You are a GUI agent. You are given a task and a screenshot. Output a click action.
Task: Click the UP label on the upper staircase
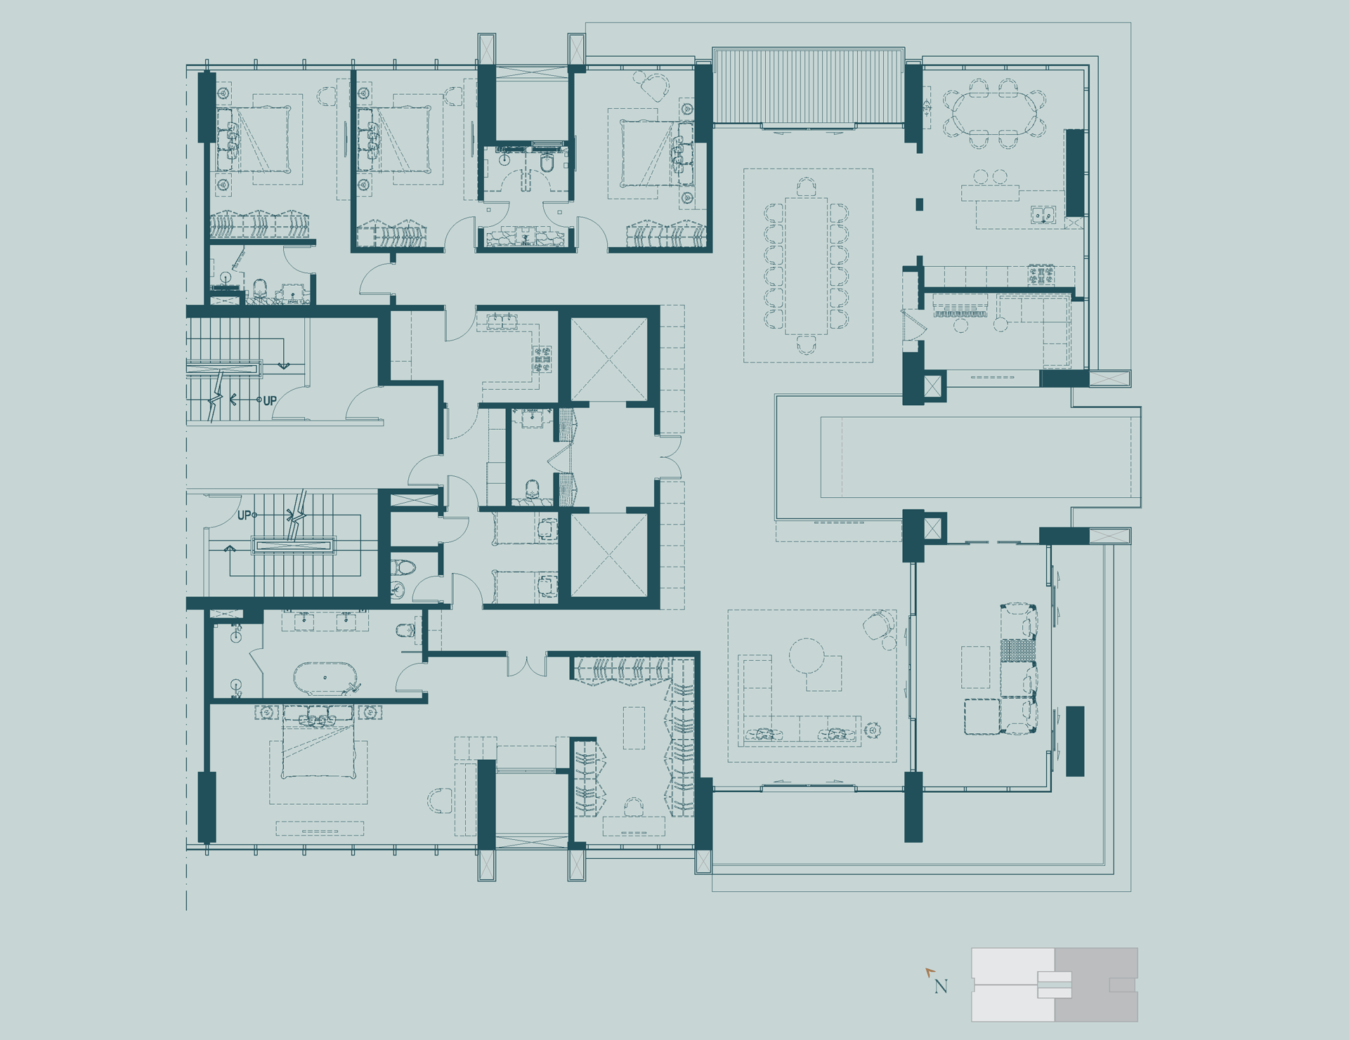270,401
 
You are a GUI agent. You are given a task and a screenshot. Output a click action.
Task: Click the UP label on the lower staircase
244,515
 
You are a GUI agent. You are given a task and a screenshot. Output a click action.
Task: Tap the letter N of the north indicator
941,987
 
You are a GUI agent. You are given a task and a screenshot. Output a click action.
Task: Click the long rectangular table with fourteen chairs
807,265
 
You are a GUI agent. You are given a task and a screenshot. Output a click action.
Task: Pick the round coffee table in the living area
807,655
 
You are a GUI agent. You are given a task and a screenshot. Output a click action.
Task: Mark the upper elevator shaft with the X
608,360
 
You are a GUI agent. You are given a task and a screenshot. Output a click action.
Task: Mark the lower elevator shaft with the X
608,555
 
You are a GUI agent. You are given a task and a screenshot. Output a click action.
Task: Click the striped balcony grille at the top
808,86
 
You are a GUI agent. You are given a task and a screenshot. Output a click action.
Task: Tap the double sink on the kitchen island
1043,215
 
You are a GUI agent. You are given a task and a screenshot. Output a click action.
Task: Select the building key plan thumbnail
1055,985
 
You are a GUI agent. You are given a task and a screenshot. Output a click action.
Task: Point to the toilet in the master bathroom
405,630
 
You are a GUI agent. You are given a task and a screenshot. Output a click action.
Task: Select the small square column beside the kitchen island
919,204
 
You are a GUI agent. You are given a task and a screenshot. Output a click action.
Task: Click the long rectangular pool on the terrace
980,457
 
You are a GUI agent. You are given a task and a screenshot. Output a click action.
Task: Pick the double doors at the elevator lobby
670,457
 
